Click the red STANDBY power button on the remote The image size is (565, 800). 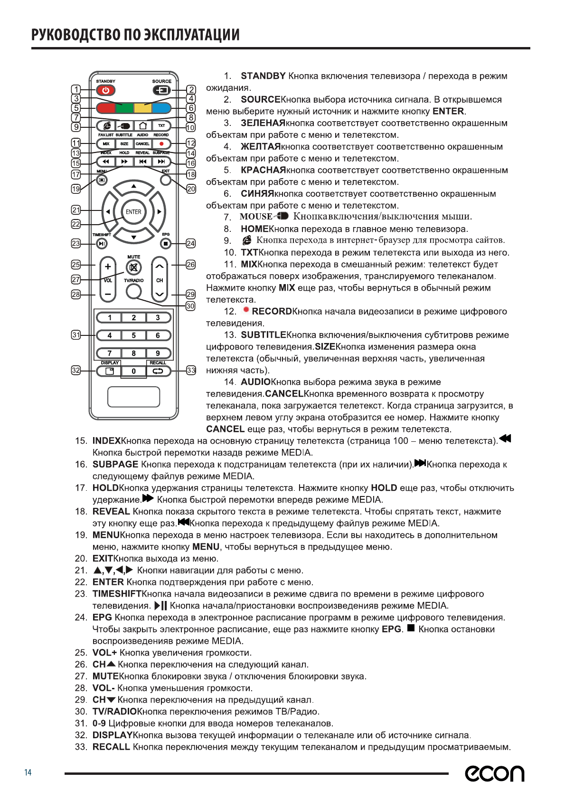pos(105,90)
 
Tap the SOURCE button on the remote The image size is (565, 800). pos(161,90)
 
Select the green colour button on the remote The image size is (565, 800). pos(124,108)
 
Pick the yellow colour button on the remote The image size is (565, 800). pos(142,108)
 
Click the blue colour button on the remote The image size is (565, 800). pos(161,108)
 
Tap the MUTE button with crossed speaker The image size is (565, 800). pos(133,267)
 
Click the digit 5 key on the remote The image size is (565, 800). pos(133,335)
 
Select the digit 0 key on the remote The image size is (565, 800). pos(133,371)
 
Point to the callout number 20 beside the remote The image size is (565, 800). pos(191,189)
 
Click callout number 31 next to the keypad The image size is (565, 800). pos(76,335)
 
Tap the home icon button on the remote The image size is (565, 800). pos(142,126)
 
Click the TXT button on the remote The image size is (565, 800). pos(161,126)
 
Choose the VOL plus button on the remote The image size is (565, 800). pos(108,267)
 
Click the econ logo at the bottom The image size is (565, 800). pos(494,773)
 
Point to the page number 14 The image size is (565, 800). pos(28,772)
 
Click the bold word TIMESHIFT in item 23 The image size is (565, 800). pos(117,594)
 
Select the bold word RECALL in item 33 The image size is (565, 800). pos(111,747)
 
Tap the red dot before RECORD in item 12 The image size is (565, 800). pos(246,310)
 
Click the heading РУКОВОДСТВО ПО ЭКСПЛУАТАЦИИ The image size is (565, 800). pos(135,35)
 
